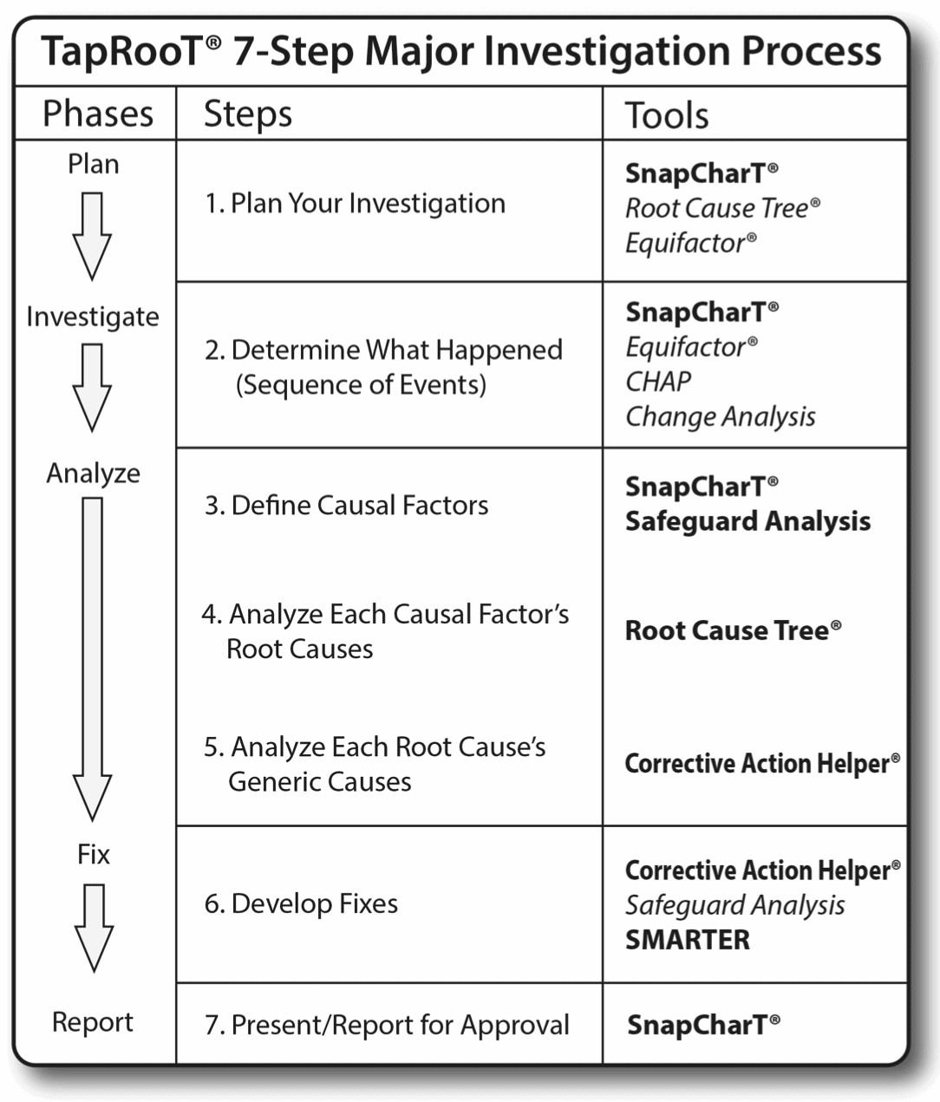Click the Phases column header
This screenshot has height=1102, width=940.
click(x=97, y=114)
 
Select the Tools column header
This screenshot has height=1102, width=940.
click(x=667, y=115)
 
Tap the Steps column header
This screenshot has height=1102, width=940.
click(x=247, y=114)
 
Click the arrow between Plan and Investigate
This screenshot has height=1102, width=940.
click(x=92, y=235)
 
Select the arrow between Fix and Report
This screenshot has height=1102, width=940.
click(x=93, y=927)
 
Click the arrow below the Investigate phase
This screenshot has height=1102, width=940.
click(x=92, y=387)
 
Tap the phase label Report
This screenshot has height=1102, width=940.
click(x=92, y=1022)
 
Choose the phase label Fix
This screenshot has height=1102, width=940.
click(x=93, y=855)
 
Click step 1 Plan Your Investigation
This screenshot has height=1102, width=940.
click(x=355, y=204)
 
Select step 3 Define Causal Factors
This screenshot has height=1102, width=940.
click(x=346, y=505)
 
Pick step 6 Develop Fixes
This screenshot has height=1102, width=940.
click(x=301, y=904)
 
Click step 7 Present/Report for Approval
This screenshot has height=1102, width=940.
click(x=387, y=1026)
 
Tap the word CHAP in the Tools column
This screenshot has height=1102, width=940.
click(x=658, y=381)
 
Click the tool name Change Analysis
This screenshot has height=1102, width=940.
click(x=720, y=417)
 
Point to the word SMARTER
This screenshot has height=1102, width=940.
click(x=687, y=940)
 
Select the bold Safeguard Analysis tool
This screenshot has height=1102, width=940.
click(x=747, y=521)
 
